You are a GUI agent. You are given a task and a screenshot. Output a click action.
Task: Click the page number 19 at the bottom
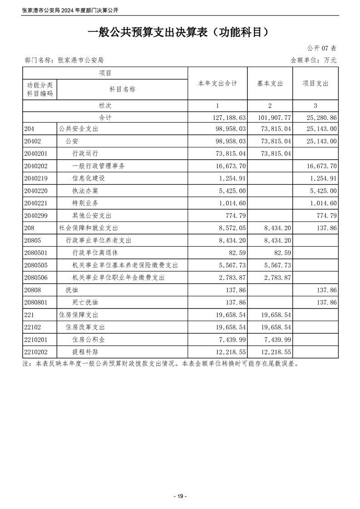(x=180, y=496)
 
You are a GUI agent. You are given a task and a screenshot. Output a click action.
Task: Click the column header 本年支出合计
(x=217, y=83)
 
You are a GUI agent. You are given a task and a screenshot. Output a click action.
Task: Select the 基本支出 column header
(x=270, y=83)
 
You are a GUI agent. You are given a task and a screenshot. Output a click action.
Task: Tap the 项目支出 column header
(x=316, y=83)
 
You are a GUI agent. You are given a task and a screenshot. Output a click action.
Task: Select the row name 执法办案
(x=85, y=191)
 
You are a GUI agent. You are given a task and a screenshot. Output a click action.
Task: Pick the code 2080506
(x=37, y=277)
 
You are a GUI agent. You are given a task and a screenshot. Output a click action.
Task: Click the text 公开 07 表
(x=321, y=48)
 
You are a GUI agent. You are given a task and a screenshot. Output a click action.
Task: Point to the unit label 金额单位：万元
(x=313, y=60)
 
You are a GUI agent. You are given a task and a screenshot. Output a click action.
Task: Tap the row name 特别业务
(x=85, y=203)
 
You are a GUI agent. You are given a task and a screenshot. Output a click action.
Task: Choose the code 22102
(x=34, y=327)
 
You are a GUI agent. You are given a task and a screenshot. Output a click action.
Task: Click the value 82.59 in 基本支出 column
(x=282, y=253)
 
